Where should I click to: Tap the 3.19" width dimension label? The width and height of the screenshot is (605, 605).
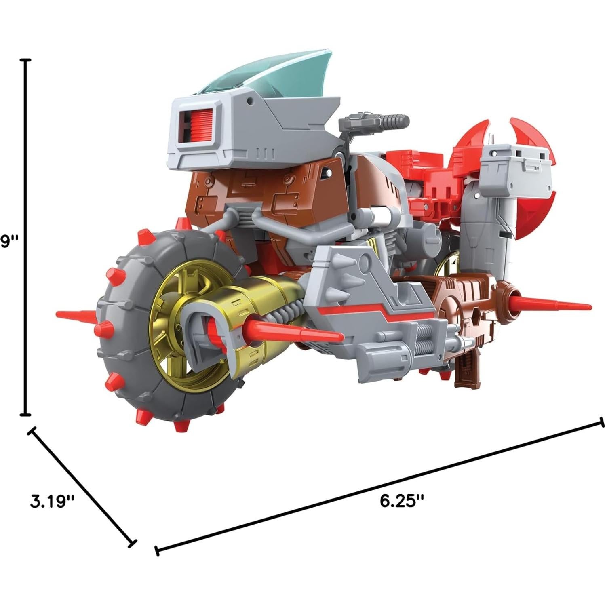[53, 502]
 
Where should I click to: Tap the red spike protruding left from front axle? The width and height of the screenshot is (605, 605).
[77, 314]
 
